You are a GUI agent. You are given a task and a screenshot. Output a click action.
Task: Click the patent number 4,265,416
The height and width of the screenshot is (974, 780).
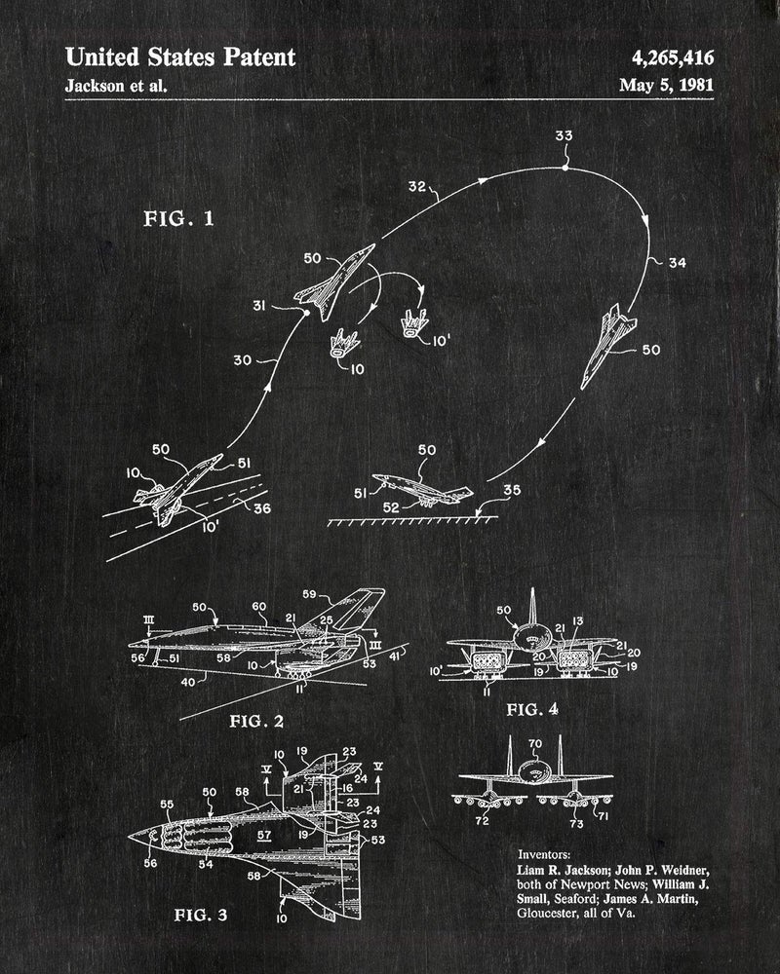coord(673,57)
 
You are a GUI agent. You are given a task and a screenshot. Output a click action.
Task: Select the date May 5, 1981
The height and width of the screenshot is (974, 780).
coord(666,85)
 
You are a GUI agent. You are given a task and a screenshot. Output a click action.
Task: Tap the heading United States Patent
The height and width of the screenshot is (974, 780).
coord(180,57)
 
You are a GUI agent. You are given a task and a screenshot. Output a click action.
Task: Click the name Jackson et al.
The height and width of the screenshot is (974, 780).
coord(116,85)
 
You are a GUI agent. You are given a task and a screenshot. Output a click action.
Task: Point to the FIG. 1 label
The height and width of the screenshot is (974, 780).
coord(179,218)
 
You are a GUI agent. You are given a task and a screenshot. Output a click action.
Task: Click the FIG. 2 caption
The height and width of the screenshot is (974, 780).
coord(256,721)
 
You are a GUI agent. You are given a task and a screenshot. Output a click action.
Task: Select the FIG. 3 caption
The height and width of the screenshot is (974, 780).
coord(200,915)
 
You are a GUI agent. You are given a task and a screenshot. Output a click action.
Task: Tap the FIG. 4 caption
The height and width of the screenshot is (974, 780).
coord(532,709)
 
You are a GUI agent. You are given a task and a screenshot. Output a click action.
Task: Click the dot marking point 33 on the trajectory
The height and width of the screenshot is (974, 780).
coord(565,168)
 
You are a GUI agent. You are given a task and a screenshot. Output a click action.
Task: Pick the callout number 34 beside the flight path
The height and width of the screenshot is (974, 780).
coord(678,263)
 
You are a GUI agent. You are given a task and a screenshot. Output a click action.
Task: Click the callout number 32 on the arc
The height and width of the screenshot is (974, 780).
coord(416,186)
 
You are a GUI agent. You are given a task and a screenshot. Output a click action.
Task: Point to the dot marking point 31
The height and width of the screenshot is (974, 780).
coord(306,313)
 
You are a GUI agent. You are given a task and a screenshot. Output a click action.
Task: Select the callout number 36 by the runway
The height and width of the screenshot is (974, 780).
coord(262,508)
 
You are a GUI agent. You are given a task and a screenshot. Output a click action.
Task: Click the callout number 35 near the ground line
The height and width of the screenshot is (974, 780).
coord(511,490)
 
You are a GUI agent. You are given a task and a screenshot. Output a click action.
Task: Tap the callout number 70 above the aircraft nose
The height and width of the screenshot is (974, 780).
coord(535,743)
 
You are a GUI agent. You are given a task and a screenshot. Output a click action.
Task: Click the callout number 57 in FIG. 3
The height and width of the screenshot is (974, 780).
coord(264,835)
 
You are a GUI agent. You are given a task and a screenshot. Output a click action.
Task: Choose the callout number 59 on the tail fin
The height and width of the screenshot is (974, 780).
coord(309,594)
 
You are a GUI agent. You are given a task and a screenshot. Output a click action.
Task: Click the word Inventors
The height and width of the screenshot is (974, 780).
coord(544,855)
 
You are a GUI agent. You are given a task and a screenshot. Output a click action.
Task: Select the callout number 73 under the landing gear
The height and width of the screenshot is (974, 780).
coord(576,823)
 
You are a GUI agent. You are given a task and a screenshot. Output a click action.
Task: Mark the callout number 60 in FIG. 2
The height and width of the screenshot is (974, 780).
coord(258,606)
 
